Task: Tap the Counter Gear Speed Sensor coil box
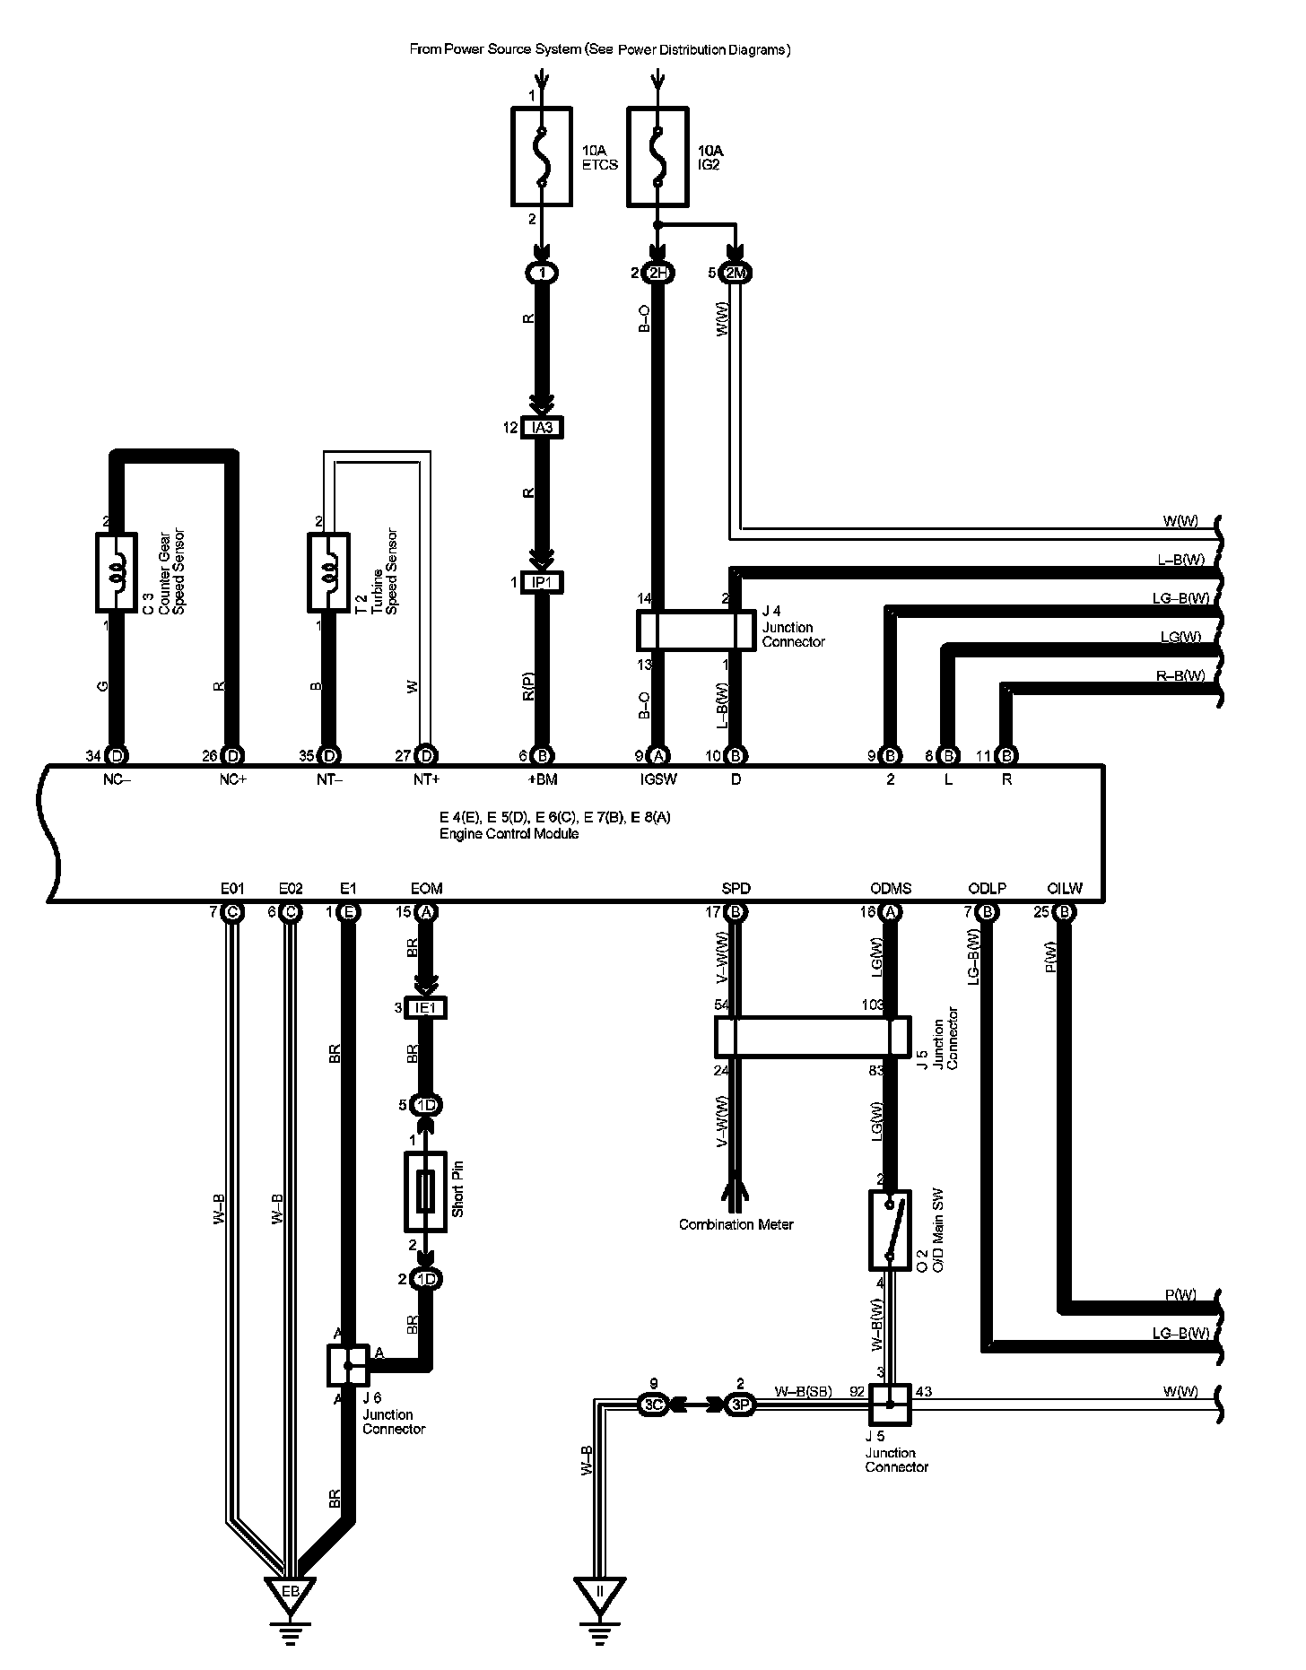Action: [x=116, y=572]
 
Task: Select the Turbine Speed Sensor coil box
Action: [x=328, y=572]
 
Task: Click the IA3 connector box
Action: [x=542, y=428]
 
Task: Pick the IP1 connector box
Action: [x=542, y=582]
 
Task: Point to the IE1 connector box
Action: [x=426, y=1008]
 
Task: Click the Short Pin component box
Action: [x=426, y=1192]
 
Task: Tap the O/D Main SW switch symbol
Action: [x=889, y=1230]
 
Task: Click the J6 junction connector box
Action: [x=348, y=1366]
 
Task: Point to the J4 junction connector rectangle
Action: [x=696, y=631]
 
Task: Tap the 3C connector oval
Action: [x=652, y=1405]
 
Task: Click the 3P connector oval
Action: [x=739, y=1405]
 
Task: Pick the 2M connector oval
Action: [x=735, y=274]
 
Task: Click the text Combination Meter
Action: [x=736, y=1224]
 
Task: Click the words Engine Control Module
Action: [x=509, y=833]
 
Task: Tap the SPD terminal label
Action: [x=736, y=889]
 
